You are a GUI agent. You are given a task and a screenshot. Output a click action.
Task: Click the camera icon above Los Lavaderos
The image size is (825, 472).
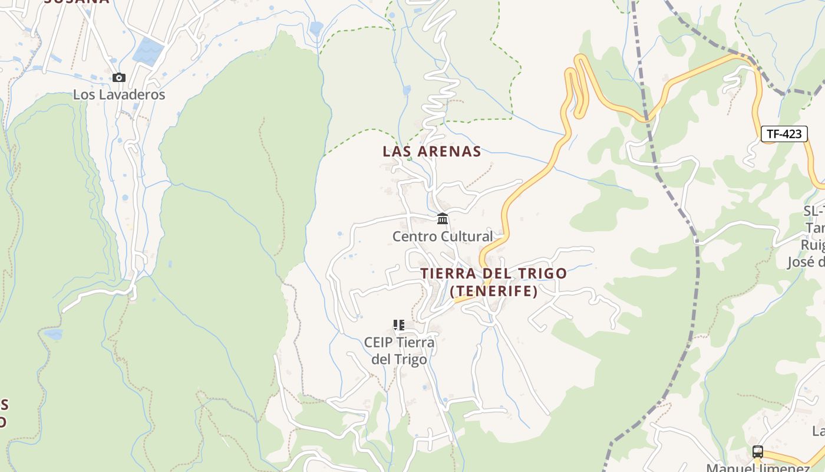tap(118, 77)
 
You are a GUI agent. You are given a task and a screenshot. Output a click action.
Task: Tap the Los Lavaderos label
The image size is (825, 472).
tap(119, 94)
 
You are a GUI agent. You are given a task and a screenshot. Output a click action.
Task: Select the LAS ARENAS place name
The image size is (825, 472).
tap(431, 152)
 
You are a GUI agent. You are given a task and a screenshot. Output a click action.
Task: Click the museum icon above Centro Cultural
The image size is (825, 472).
tap(443, 219)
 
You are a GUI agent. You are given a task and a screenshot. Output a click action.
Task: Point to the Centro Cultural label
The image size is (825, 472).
tap(443, 237)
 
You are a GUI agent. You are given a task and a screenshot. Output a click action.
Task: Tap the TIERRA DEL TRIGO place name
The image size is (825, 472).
tap(493, 274)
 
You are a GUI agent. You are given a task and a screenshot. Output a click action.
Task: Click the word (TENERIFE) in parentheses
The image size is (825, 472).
tap(493, 291)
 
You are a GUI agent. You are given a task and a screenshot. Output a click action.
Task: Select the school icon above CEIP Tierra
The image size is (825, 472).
tap(399, 325)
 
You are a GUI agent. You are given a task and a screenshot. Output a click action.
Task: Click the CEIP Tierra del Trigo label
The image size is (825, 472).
tap(399, 350)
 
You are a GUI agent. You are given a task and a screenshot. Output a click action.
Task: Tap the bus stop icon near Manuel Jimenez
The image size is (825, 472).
tap(758, 452)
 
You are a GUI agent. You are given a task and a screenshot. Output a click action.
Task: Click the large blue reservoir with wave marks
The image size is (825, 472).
tap(148, 52)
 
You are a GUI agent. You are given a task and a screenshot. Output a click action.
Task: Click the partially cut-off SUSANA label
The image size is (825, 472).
tap(77, 2)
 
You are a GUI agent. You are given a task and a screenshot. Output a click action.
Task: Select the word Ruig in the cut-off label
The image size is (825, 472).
tap(813, 245)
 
